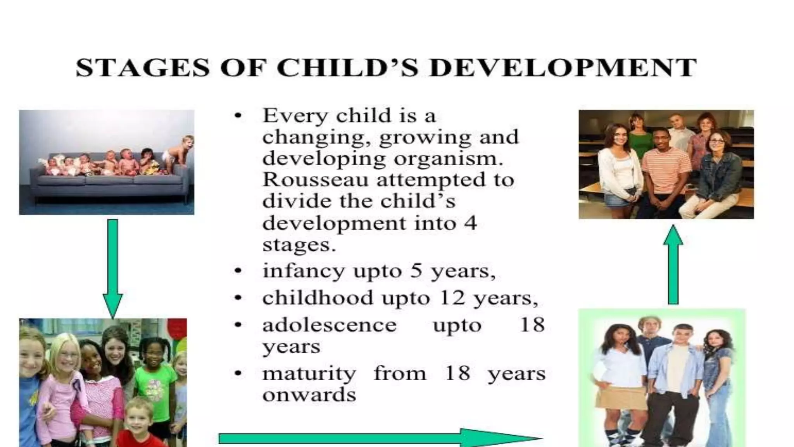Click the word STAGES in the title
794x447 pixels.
click(x=142, y=68)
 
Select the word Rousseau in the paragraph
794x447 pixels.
click(x=315, y=180)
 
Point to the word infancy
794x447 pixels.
click(x=303, y=271)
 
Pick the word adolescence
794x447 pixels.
click(x=330, y=325)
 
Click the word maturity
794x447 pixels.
click(x=309, y=374)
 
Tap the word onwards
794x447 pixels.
click(x=309, y=395)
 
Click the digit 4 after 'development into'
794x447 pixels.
click(x=470, y=223)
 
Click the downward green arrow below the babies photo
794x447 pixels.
click(x=112, y=268)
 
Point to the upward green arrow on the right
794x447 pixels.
click(x=673, y=264)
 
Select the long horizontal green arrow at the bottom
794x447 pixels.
click(x=380, y=438)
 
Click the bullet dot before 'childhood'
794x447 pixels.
click(x=238, y=298)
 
